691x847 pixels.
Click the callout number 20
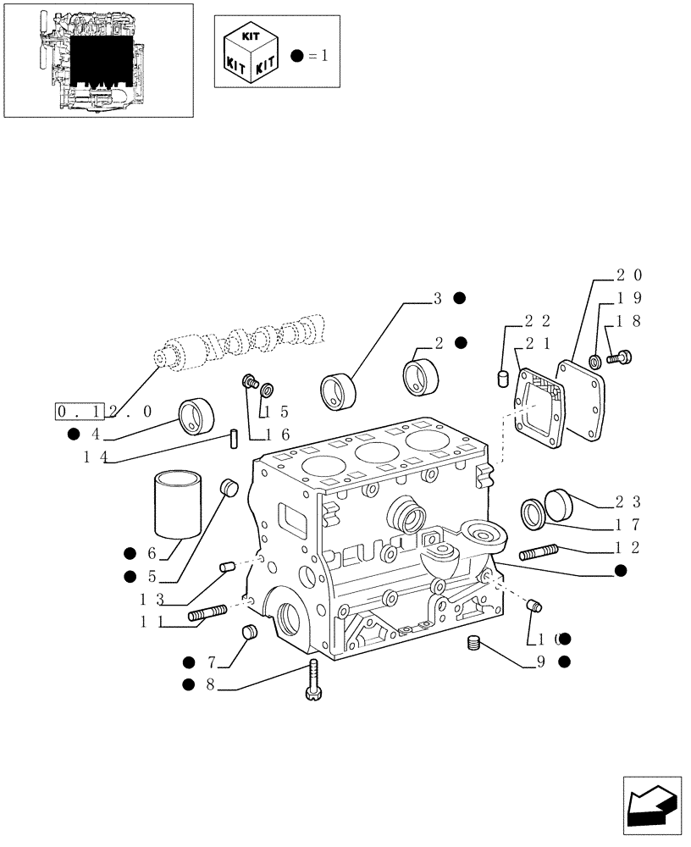coord(628,275)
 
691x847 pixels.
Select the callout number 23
coord(628,501)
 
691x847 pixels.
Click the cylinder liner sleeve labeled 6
coord(179,506)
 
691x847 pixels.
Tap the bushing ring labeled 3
coord(339,390)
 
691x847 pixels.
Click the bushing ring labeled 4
coord(196,418)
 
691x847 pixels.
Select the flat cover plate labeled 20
coord(583,400)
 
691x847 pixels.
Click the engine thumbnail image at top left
coord(97,59)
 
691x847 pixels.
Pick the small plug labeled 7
coord(250,631)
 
